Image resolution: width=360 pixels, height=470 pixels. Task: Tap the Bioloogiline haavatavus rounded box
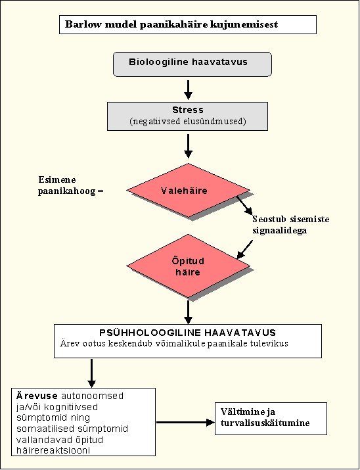click(x=192, y=64)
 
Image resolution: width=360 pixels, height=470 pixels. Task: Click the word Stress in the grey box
click(x=188, y=110)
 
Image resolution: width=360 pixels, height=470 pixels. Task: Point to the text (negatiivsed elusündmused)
click(x=188, y=122)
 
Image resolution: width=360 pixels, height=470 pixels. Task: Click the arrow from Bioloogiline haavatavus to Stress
click(x=188, y=89)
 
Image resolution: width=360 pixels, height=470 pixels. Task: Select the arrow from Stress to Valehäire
click(x=188, y=146)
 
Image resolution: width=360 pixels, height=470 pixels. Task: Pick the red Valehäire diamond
click(x=188, y=190)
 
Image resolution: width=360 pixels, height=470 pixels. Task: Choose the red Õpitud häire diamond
click(x=188, y=266)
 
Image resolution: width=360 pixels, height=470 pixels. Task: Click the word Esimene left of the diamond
click(x=57, y=179)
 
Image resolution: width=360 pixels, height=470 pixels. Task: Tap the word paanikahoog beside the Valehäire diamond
click(x=66, y=191)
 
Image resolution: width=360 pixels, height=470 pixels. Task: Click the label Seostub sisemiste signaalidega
click(x=290, y=225)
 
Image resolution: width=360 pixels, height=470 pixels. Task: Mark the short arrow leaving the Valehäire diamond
click(x=244, y=205)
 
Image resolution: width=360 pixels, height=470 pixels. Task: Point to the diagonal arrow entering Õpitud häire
click(x=244, y=249)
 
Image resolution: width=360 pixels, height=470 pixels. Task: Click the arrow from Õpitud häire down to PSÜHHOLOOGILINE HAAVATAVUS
click(x=188, y=312)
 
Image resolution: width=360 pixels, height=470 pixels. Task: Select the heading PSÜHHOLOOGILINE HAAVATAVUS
click(x=187, y=333)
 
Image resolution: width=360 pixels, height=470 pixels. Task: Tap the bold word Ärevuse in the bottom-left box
click(x=37, y=395)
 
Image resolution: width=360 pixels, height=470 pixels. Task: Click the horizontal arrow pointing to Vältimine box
click(x=186, y=422)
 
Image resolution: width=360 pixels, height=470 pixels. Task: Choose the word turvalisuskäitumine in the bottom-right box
click(x=265, y=423)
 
